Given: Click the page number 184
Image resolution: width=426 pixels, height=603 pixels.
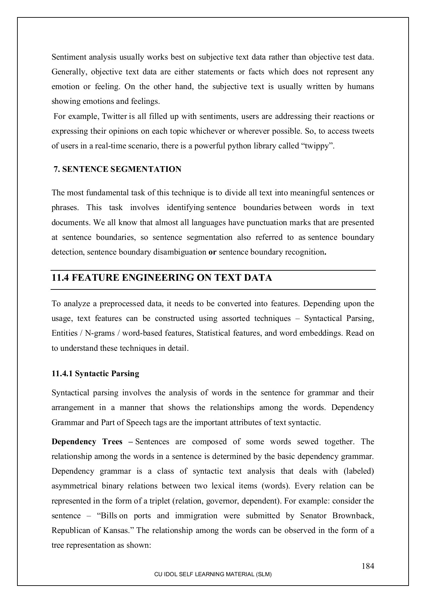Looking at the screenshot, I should (367, 566).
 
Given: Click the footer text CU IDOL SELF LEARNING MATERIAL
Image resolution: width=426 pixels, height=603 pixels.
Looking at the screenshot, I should (212, 574).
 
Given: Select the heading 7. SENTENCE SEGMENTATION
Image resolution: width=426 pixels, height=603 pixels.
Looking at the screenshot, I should (117, 169).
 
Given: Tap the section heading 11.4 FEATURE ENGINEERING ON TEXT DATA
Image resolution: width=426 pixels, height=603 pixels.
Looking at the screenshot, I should (162, 278).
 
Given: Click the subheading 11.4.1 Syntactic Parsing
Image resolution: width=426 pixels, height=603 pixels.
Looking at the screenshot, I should (95, 374).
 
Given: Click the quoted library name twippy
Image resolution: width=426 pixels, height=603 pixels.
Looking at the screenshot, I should (318, 146).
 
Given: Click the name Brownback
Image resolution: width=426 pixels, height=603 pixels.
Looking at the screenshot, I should (353, 516).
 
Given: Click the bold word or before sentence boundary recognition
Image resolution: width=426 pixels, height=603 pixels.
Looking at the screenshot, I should (212, 252).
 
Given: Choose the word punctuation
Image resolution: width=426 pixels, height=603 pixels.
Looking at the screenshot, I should (280, 222).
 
